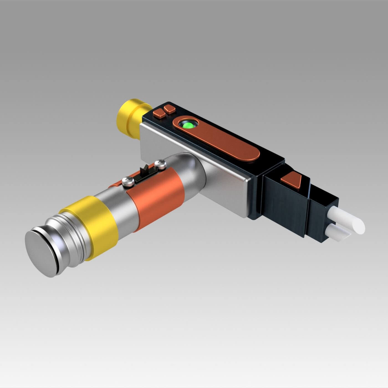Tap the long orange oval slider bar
coord(222,141)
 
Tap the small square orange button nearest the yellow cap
coord(159,113)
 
